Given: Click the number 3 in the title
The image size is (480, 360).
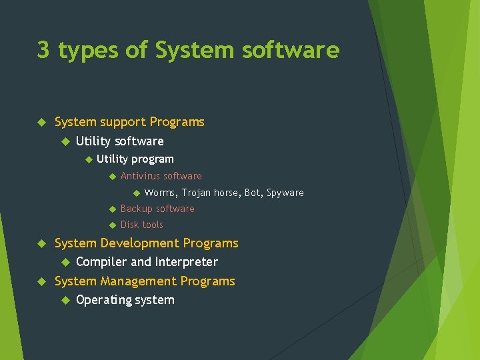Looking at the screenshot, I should pos(43,51).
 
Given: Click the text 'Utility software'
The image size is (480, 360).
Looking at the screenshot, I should pos(120,141).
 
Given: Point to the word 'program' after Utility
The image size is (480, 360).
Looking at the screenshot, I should pos(153,159).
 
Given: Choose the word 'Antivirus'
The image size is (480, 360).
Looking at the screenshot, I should pos(140,176).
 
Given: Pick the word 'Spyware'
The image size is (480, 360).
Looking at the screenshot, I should pos(285,193).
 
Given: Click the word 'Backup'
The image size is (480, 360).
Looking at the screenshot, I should pos(136,209).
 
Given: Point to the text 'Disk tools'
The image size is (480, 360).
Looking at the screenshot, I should pos(141,225).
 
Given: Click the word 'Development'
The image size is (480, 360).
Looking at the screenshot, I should pos(140,243).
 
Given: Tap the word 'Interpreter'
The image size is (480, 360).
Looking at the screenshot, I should pos(187,262).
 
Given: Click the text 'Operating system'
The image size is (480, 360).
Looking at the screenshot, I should pos(125,300).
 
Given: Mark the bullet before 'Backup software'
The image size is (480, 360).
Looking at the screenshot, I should pos(112,209).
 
